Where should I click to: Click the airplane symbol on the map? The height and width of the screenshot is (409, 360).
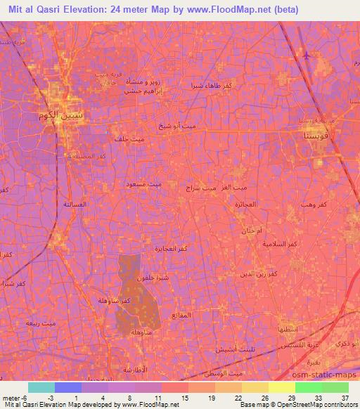click(304, 54)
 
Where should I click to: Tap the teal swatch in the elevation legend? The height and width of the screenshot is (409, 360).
click(42, 387)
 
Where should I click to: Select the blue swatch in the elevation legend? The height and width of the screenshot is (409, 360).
click(68, 387)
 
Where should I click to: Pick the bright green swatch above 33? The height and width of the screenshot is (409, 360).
click(309, 387)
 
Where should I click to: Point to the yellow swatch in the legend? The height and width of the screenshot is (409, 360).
click(282, 387)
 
